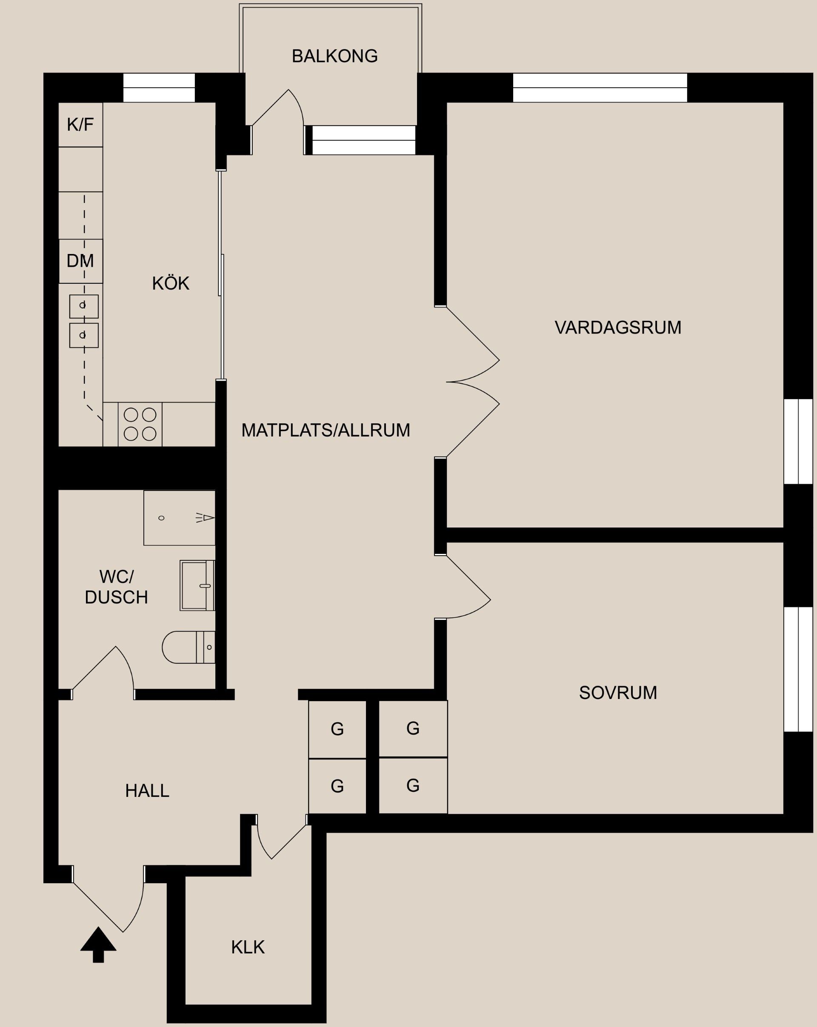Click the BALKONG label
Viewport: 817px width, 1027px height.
pos(334,56)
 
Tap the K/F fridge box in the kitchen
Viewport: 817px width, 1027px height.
pos(80,124)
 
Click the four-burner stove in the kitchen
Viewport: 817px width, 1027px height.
pos(140,424)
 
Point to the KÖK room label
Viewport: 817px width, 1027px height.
pos(171,283)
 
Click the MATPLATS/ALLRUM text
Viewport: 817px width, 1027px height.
pos(326,430)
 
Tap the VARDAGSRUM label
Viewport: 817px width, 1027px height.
pos(618,328)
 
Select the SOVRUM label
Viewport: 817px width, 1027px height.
pos(618,693)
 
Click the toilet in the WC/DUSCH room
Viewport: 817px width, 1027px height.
pos(188,647)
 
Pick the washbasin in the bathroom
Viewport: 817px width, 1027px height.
pos(197,585)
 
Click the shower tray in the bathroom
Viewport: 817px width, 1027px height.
pos(179,518)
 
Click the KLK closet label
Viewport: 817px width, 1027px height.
pos(248,947)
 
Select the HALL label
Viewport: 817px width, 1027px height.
pos(147,791)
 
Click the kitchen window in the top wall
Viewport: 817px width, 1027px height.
pos(159,88)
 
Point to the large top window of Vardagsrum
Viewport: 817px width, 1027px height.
pos(600,88)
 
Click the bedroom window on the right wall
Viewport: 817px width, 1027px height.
pos(798,669)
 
